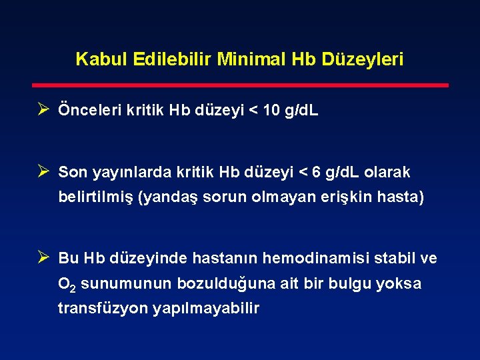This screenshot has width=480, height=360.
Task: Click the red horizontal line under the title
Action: [x=241, y=85]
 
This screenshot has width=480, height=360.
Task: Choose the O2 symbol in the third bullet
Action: [x=67, y=285]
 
